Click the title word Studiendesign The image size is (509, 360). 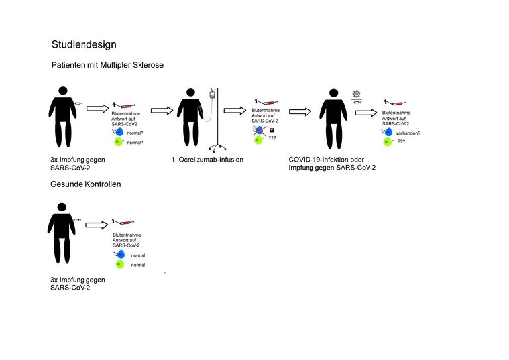tap(84, 45)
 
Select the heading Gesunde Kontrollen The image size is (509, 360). tap(86, 184)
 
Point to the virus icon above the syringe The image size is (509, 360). tap(357, 94)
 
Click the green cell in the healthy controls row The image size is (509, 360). tap(119, 265)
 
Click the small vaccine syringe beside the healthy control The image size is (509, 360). tap(79, 219)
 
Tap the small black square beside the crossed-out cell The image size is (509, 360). tap(272, 130)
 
